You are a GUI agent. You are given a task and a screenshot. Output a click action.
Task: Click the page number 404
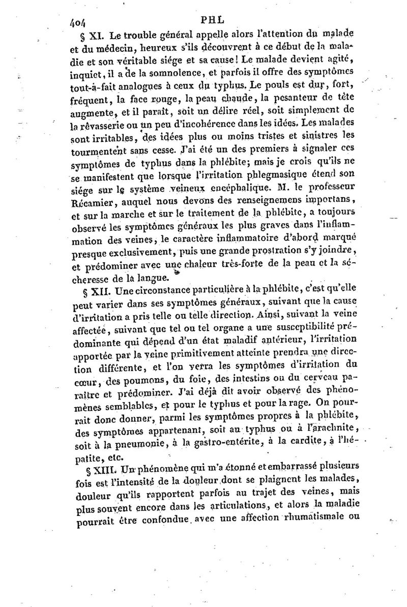[79, 21]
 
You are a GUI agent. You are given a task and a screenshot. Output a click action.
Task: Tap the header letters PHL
[210, 20]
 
